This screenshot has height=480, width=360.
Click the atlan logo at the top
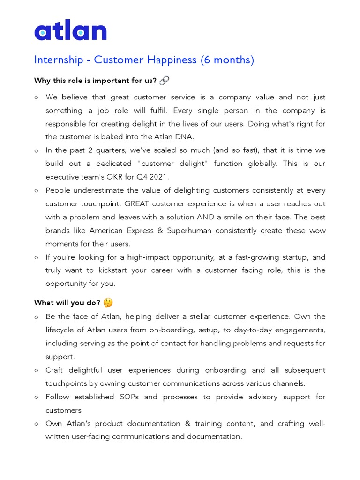click(70, 31)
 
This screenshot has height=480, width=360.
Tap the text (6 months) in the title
click(227, 60)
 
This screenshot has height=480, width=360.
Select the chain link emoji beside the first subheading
click(164, 81)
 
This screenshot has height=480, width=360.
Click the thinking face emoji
click(108, 303)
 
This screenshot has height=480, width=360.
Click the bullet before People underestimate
click(37, 191)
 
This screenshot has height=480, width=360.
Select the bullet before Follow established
click(37, 397)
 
